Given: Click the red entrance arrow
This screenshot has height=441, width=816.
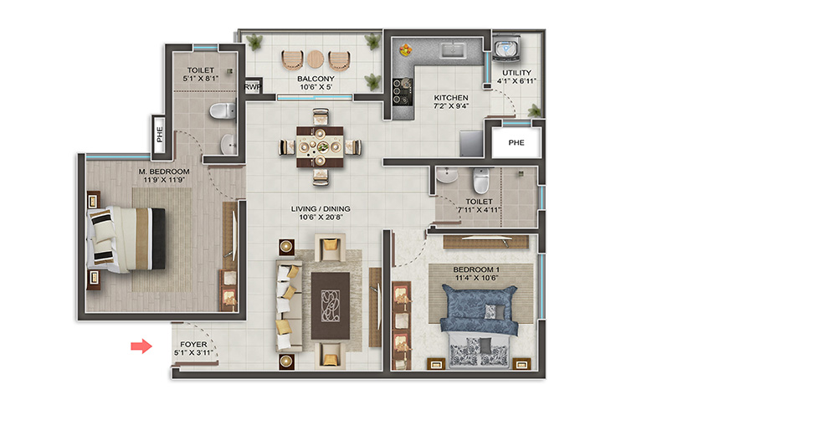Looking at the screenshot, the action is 141,346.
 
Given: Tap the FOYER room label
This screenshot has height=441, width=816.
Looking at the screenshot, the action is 193,344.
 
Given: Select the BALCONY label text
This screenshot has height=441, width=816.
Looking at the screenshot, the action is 316,79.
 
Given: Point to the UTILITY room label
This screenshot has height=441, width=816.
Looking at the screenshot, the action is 516,73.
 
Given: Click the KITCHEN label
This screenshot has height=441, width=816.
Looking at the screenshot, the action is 451,97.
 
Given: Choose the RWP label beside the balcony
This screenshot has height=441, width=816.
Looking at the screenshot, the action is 253,87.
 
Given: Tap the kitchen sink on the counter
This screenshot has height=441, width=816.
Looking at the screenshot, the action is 454,50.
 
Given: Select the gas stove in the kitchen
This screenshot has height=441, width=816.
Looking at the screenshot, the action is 403,91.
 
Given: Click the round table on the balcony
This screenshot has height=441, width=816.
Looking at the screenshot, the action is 316,59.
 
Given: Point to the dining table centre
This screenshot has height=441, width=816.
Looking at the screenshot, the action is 320,147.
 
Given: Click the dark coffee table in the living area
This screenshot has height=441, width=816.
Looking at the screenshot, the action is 331,306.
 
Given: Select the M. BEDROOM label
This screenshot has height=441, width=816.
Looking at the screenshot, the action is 164,171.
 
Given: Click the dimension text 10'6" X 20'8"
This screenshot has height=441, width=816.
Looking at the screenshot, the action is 321,217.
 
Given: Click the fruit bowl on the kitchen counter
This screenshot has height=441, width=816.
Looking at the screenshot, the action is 405,50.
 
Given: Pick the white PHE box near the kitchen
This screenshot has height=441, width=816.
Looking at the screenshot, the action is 516,142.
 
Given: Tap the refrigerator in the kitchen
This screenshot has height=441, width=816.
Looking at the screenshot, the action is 471,144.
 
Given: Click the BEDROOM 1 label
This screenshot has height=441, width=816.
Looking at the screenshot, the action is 476,269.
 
